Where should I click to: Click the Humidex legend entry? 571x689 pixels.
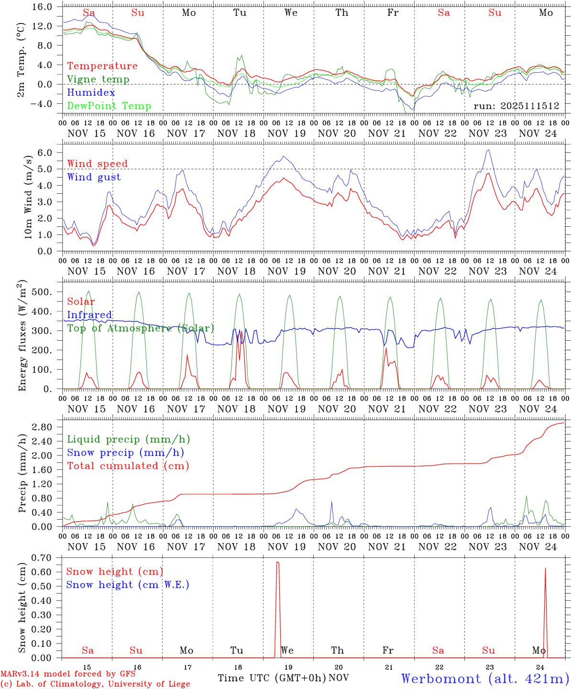tap(91, 93)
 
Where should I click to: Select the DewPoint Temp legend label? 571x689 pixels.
tap(109, 106)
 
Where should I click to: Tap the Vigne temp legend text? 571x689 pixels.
tap(98, 79)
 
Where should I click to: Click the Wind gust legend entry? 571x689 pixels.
tap(94, 177)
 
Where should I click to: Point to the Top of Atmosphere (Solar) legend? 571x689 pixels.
tap(141, 328)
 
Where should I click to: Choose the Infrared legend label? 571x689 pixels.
tap(89, 315)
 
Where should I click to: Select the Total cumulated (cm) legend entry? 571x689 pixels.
tap(128, 466)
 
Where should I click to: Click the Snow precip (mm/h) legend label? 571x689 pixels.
tap(125, 453)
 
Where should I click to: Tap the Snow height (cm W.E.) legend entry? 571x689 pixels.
tap(127, 585)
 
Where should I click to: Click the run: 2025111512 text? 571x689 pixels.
tap(516, 106)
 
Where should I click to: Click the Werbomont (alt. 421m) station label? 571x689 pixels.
tap(485, 678)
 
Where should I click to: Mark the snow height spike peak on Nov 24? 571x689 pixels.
tap(545, 568)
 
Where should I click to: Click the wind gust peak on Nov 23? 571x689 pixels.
tap(488, 150)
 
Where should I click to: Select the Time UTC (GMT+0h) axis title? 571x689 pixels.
tap(272, 678)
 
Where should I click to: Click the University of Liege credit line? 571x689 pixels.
tap(96, 684)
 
